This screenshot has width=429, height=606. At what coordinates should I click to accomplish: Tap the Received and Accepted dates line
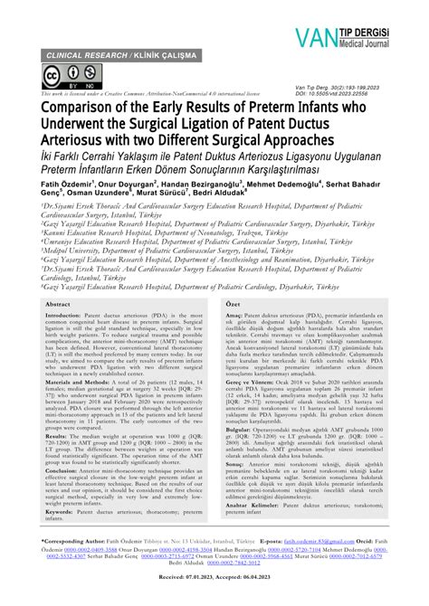tap(214, 600)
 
